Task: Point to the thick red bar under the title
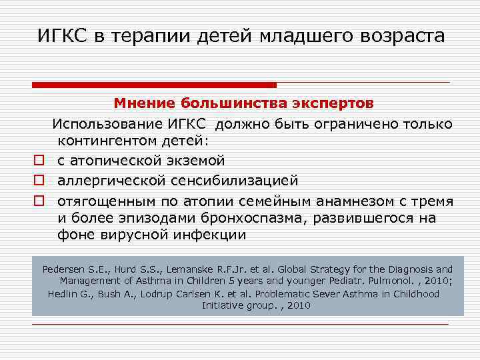tap(154, 85)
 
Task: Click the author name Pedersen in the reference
tap(65, 269)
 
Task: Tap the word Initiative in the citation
tap(225, 305)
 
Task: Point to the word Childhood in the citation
tap(417, 293)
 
